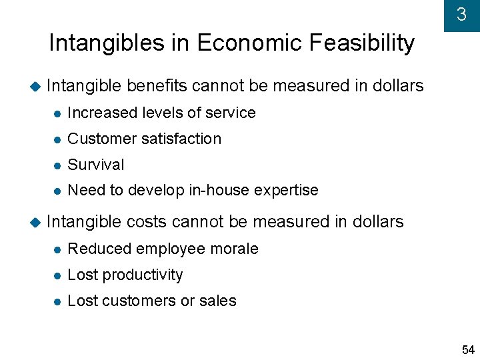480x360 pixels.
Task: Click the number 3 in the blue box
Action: [461, 15]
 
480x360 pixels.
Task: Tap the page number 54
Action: [468, 350]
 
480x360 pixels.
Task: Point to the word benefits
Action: [157, 86]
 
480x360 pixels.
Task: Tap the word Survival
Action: [96, 165]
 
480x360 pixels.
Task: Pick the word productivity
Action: [143, 275]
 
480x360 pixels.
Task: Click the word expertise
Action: [287, 190]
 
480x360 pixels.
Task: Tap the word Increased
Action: [101, 113]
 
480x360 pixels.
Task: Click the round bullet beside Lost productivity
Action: [57, 275]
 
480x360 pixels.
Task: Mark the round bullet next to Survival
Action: [57, 165]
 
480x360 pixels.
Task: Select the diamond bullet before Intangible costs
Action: [35, 222]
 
